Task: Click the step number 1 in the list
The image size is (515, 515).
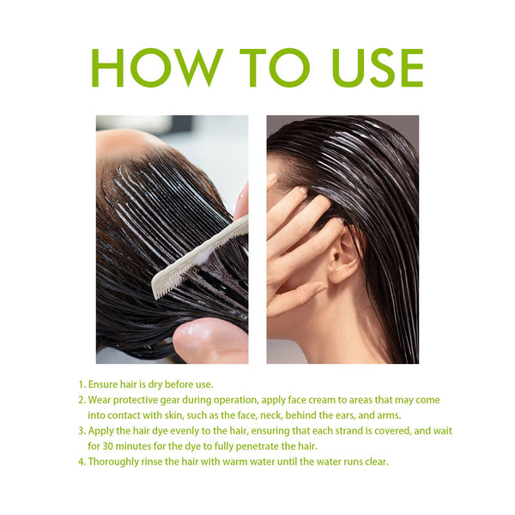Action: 82,385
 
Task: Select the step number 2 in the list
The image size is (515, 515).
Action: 82,400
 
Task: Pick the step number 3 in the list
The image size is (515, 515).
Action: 82,431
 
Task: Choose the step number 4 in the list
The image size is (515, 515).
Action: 82,462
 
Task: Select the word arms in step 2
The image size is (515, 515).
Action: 387,415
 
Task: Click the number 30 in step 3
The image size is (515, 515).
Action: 109,446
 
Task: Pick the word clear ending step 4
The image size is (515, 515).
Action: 374,462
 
